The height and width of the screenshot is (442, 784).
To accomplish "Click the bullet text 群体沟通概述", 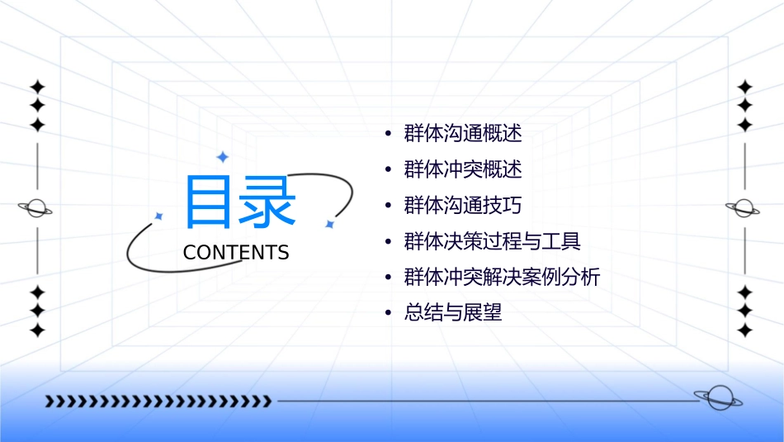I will (x=463, y=133).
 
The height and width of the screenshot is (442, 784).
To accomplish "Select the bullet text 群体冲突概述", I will (x=463, y=169).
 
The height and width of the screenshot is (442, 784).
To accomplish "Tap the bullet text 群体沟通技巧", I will (x=463, y=205).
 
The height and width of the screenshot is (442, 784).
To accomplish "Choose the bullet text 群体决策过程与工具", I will (x=493, y=241).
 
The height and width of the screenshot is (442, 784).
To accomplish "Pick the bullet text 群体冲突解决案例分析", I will (x=502, y=277).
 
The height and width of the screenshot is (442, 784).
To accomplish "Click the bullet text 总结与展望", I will (x=453, y=313).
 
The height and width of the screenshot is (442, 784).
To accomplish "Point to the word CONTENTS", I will (x=236, y=252).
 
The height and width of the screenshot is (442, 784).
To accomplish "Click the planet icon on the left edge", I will (x=36, y=208).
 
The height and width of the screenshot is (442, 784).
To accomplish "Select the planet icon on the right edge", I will (x=744, y=208).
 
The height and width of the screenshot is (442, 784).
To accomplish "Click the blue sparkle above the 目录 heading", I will (x=221, y=157).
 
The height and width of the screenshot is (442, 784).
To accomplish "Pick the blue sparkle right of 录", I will (x=328, y=224).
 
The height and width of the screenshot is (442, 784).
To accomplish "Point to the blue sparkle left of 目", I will (x=158, y=216).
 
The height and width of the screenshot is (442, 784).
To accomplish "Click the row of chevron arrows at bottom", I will (x=158, y=402).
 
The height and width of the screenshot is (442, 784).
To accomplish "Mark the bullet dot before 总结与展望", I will (x=389, y=313).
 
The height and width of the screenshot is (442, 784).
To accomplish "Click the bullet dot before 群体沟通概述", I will (x=389, y=133).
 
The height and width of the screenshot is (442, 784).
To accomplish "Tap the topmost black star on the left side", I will (x=37, y=87).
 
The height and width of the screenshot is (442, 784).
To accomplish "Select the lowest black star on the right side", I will (x=744, y=330).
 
